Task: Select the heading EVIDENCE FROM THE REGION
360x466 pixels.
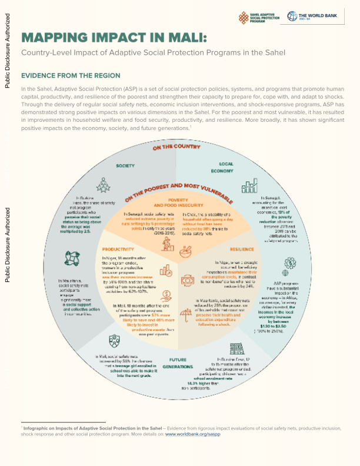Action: coord(71,76)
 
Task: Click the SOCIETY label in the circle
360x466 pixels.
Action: coord(125,167)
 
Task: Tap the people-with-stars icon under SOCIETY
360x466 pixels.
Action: coord(104,185)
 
